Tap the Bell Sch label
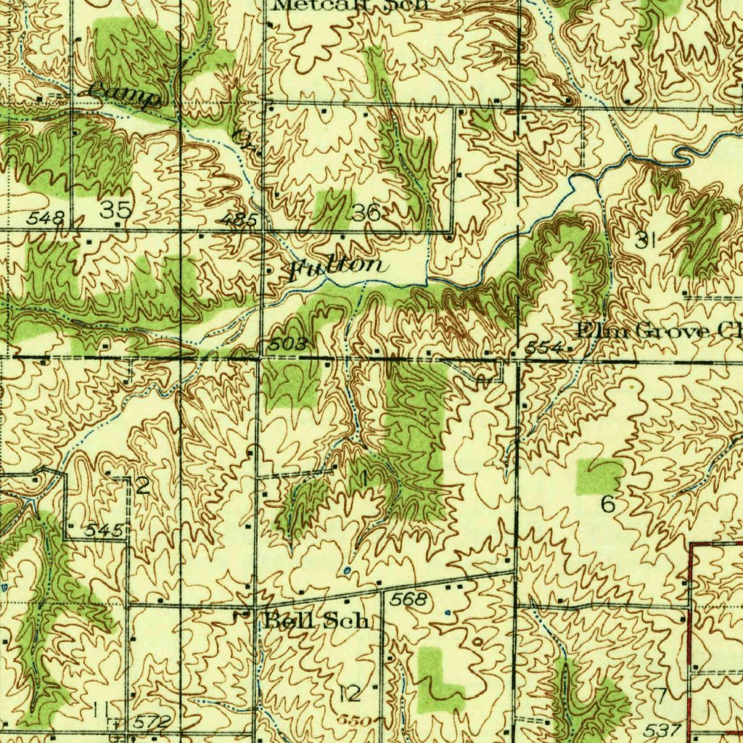[317, 621]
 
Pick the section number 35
[116, 210]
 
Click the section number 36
[364, 213]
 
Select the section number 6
[608, 504]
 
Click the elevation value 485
[237, 218]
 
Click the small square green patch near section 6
[599, 476]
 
